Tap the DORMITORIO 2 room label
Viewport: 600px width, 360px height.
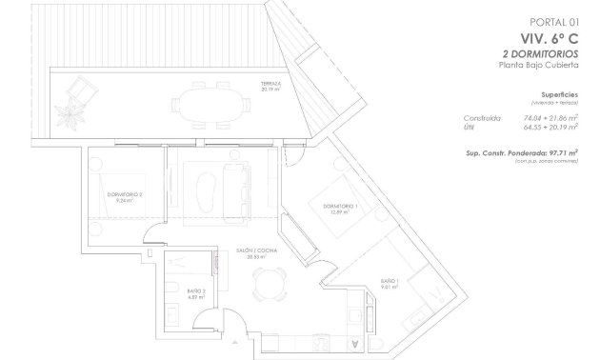click(x=125, y=196)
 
